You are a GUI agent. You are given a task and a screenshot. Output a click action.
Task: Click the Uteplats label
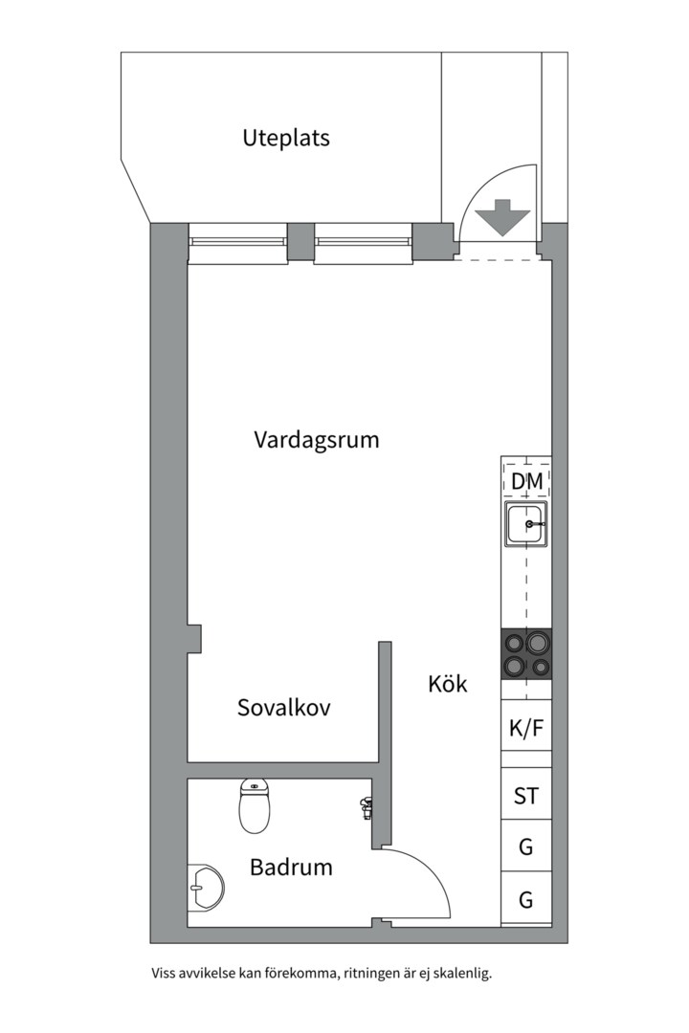(285, 138)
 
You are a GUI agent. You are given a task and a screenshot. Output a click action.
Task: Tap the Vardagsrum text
(316, 440)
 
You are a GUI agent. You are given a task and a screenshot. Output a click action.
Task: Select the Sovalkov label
(283, 708)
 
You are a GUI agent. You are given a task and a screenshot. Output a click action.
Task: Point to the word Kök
(448, 684)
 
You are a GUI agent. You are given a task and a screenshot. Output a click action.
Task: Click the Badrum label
(291, 868)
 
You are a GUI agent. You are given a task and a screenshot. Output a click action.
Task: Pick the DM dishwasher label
(526, 482)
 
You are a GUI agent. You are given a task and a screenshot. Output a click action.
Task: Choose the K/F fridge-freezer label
(526, 728)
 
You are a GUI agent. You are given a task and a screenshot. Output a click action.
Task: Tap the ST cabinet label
(526, 796)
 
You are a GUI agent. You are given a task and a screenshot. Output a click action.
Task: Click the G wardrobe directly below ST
(526, 846)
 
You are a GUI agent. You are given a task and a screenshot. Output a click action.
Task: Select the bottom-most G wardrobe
(526, 899)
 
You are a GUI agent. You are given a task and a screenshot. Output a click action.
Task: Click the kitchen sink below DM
(526, 524)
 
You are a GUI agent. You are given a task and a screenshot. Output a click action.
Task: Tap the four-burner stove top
(526, 654)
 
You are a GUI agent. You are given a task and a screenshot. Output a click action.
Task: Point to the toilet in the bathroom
(254, 807)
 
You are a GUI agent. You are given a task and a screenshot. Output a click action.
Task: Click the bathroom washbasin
(205, 887)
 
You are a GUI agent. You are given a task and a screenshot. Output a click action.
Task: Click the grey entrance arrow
(503, 217)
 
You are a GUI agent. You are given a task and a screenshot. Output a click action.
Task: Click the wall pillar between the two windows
(300, 242)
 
